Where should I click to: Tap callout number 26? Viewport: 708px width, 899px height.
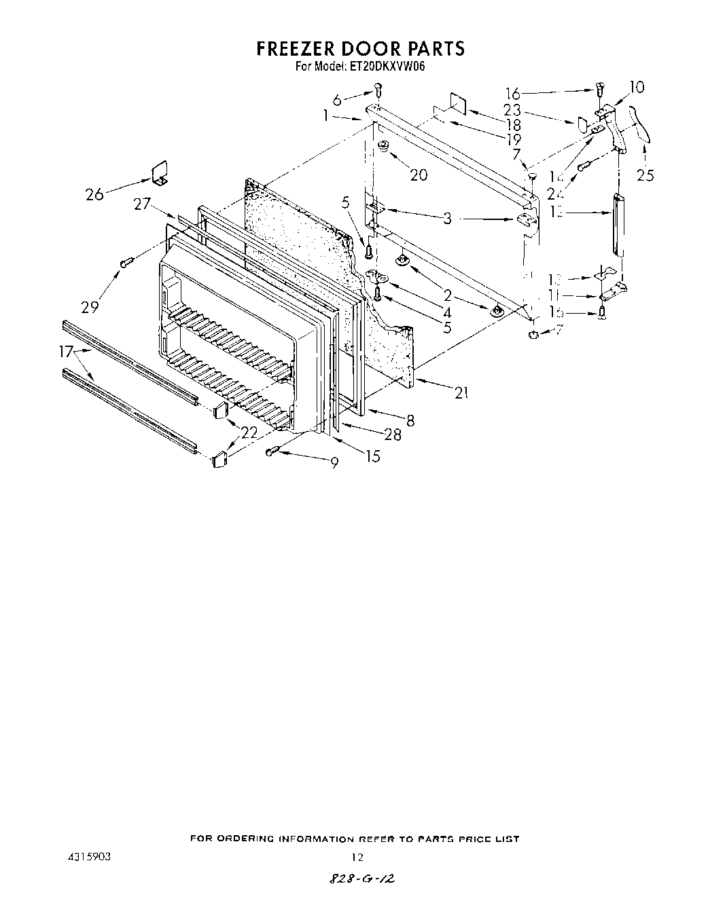click(94, 194)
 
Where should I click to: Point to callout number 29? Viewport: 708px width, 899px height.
click(90, 307)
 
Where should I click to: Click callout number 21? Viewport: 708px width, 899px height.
click(461, 392)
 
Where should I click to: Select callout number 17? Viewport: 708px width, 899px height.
click(66, 352)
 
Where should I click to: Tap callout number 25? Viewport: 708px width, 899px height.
click(645, 175)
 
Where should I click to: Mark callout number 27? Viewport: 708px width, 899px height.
click(141, 203)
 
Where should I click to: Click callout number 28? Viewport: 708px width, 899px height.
click(393, 435)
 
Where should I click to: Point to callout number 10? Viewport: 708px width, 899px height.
click(637, 87)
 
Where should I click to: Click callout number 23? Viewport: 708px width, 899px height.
click(512, 109)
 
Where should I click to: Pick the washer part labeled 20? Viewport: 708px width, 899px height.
click(383, 145)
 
